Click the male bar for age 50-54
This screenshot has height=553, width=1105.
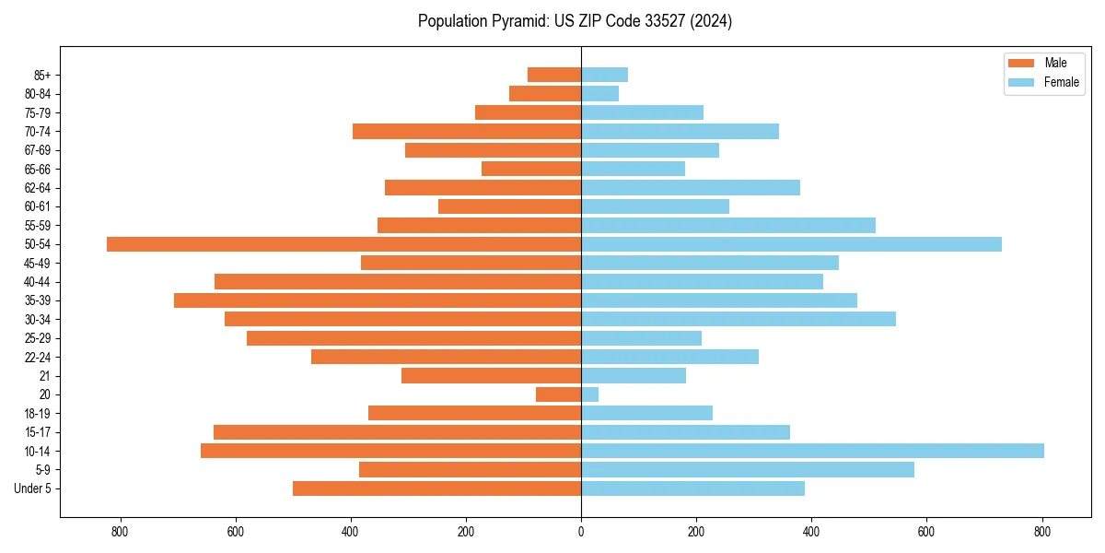click(x=343, y=244)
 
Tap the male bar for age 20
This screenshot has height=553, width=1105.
click(x=558, y=394)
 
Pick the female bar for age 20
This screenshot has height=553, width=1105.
click(x=589, y=394)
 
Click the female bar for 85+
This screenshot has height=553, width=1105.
click(x=604, y=75)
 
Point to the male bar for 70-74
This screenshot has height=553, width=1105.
click(x=467, y=131)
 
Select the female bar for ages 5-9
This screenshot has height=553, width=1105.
click(x=748, y=469)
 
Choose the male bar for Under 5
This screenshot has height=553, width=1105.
click(x=436, y=488)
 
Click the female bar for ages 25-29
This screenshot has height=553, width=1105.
click(x=641, y=338)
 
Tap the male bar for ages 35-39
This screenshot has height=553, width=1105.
click(x=378, y=300)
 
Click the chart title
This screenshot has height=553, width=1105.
click(x=575, y=21)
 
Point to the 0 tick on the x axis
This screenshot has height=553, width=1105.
click(x=581, y=532)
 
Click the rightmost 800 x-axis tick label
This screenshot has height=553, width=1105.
click(x=1041, y=532)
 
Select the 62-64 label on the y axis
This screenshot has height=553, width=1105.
click(x=37, y=188)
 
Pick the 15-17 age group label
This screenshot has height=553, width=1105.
click(x=37, y=432)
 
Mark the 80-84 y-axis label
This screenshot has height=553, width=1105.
click(x=37, y=94)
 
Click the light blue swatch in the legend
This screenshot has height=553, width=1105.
click(x=1021, y=82)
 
